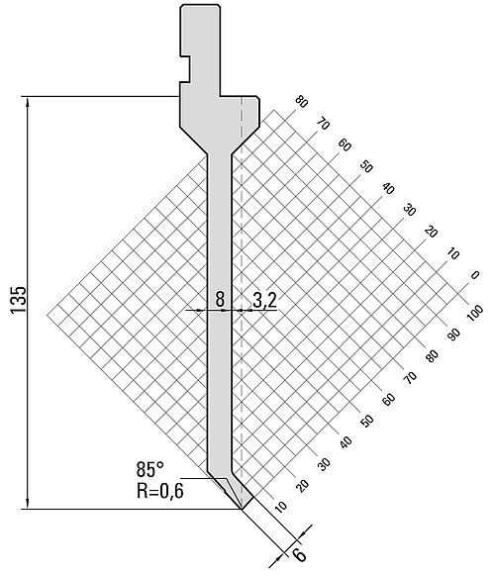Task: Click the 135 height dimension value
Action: (18, 300)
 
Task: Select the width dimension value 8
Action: (220, 299)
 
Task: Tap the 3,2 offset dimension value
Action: (264, 300)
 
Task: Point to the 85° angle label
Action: (149, 469)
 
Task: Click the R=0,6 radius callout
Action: (159, 491)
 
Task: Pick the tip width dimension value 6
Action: (300, 554)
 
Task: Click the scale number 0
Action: (475, 275)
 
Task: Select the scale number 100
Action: (475, 314)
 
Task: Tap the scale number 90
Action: (453, 334)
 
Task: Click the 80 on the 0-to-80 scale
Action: (301, 102)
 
